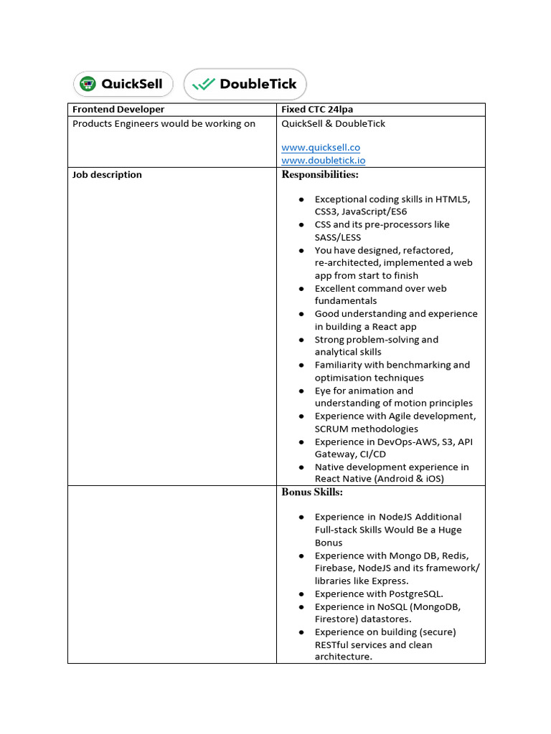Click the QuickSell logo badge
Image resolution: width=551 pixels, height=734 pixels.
[x=123, y=84]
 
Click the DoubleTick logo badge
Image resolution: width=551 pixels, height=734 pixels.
[x=245, y=84]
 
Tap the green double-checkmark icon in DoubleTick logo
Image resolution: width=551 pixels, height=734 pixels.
[x=204, y=84]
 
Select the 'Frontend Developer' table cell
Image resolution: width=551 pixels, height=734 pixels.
[x=118, y=110]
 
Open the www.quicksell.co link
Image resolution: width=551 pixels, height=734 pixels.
[x=320, y=148]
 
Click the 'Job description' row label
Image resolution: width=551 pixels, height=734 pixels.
[x=107, y=175]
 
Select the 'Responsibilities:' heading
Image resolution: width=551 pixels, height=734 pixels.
[x=320, y=175]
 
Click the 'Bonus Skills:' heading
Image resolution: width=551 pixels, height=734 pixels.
[x=312, y=492]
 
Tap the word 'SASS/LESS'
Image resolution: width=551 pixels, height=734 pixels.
[x=338, y=237]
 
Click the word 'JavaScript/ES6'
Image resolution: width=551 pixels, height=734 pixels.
[x=377, y=211]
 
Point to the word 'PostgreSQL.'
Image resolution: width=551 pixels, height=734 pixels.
[x=415, y=594]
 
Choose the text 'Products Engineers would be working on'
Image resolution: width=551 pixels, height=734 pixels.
[x=164, y=124]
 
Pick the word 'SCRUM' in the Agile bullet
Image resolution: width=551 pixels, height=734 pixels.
[x=331, y=429]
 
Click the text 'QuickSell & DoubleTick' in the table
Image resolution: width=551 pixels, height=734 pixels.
[x=333, y=124]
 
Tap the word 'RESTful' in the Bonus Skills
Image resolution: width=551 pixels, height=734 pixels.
[x=333, y=644]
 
